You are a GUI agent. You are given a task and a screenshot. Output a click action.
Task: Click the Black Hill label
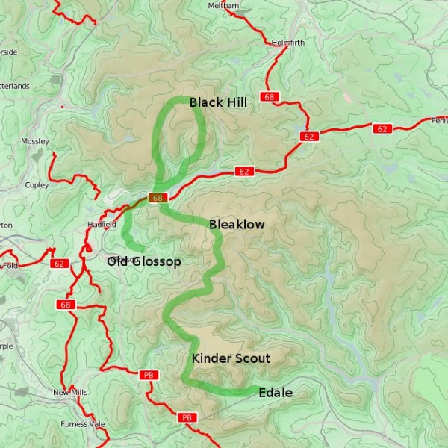217,102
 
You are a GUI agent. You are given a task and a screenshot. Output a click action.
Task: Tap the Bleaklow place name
237,224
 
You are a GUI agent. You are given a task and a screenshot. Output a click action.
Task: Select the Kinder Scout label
231,358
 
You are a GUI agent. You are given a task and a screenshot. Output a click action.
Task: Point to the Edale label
275,393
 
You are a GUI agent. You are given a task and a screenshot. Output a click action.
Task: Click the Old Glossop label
143,261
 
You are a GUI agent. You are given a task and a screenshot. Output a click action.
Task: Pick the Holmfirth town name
289,43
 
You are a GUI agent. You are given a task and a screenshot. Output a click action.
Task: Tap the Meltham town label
224,6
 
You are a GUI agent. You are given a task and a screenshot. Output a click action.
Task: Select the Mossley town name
35,141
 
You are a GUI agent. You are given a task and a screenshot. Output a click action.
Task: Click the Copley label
37,184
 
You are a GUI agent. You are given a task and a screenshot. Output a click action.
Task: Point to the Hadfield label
102,224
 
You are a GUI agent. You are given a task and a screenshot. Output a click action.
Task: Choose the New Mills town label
70,392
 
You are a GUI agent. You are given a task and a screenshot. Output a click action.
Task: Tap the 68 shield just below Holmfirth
269,97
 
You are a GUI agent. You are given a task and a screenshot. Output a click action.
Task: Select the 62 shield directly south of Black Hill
243,171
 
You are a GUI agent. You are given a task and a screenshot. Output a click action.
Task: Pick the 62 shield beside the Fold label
60,264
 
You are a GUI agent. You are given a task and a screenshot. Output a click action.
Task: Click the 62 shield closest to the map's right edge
382,128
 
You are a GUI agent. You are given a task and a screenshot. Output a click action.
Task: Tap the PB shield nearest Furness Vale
187,417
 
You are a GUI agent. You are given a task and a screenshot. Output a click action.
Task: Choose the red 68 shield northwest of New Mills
66,305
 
